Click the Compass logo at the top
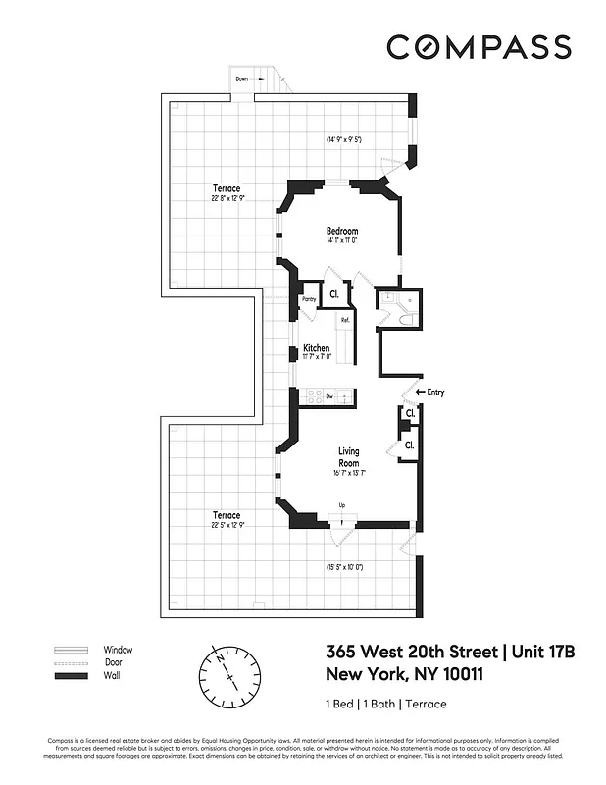[x=479, y=47]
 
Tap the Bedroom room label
[x=342, y=232]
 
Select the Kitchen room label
[x=316, y=348]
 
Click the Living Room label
[x=349, y=457]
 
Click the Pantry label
[x=308, y=299]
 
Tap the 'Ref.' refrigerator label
[x=345, y=321]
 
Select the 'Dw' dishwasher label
[x=330, y=396]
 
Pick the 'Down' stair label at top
[x=241, y=78]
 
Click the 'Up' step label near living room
[x=341, y=505]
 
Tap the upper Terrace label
[x=226, y=188]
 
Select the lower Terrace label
[x=226, y=515]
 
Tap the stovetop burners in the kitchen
[x=316, y=396]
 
